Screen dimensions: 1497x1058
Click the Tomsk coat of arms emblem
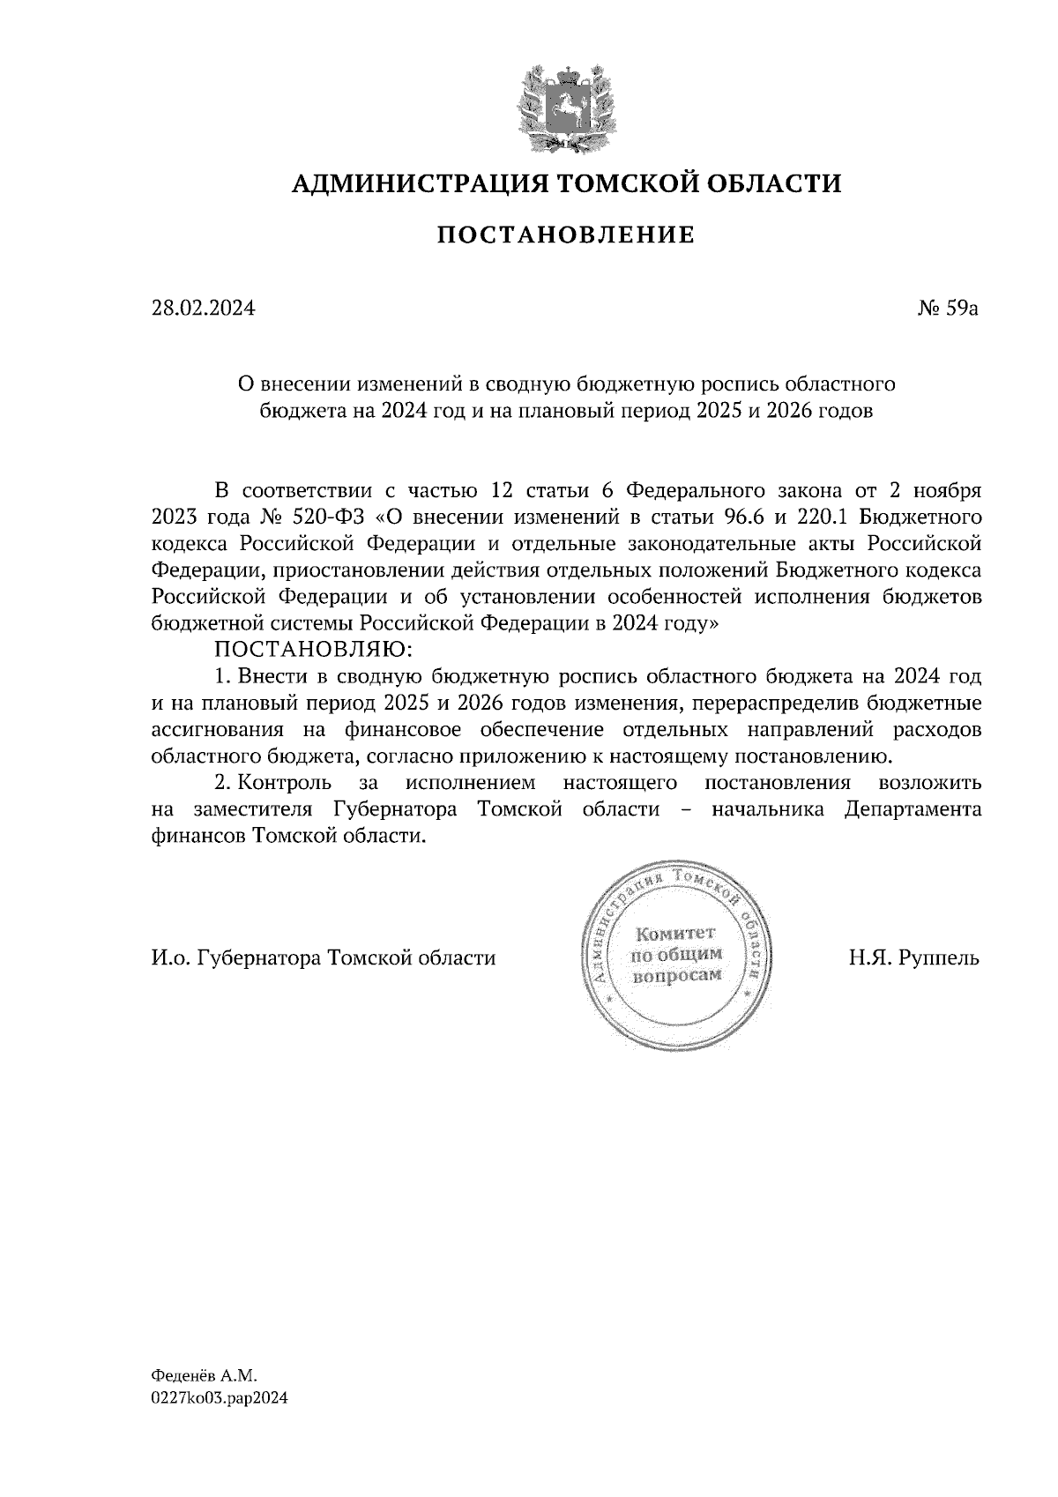pyautogui.click(x=565, y=105)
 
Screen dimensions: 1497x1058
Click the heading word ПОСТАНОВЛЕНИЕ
pyautogui.click(x=566, y=235)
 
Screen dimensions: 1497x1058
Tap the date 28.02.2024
pyautogui.click(x=203, y=309)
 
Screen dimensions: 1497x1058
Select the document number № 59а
pyautogui.click(x=949, y=309)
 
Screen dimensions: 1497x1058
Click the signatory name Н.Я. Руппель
pyautogui.click(x=914, y=957)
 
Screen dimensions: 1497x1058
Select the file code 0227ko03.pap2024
pyautogui.click(x=220, y=1397)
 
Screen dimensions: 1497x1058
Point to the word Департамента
pyautogui.click(x=913, y=809)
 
